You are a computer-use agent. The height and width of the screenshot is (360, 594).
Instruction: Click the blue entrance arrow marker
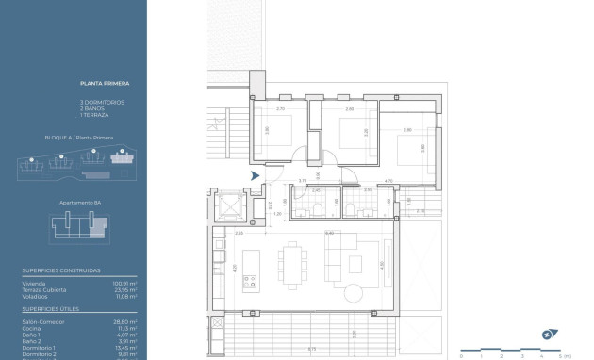point(254,174)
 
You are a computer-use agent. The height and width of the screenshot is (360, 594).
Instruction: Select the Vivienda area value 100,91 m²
point(125,283)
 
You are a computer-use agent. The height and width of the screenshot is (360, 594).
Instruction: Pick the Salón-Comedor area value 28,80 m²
point(126,322)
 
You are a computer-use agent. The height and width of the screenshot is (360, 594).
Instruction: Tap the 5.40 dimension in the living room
point(329,233)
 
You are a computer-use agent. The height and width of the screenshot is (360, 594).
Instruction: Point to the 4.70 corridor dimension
point(388,180)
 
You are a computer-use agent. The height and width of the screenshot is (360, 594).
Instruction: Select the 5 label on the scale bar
point(560,356)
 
